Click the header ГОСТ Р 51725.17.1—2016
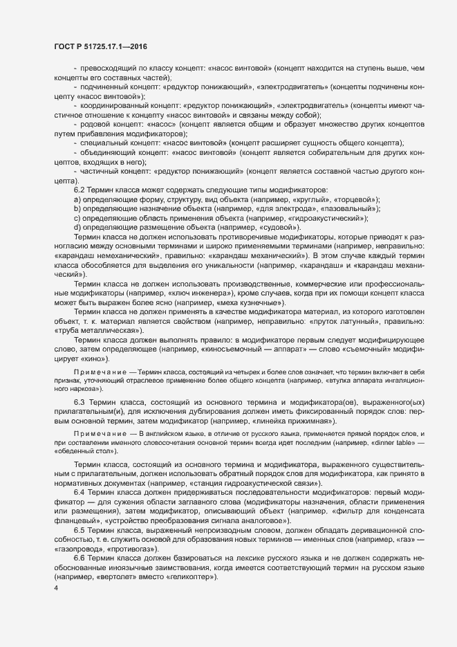[x=100, y=46]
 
